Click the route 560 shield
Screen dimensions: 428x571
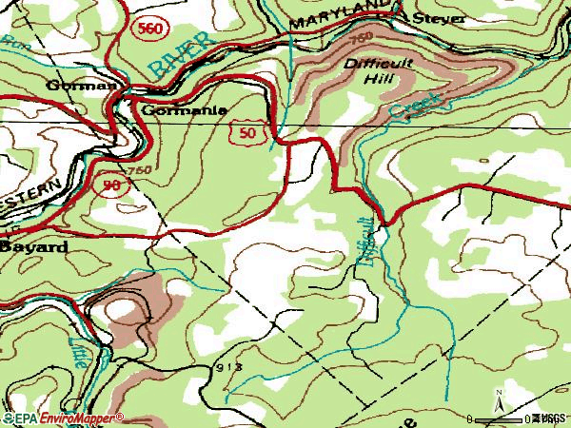click(148, 29)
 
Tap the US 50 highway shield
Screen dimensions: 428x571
click(247, 136)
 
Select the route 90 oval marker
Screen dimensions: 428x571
click(110, 185)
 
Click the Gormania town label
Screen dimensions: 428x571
click(184, 109)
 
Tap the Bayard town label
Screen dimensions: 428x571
click(33, 246)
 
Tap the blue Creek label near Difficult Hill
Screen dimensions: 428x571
click(415, 107)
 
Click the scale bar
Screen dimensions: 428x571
click(500, 418)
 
